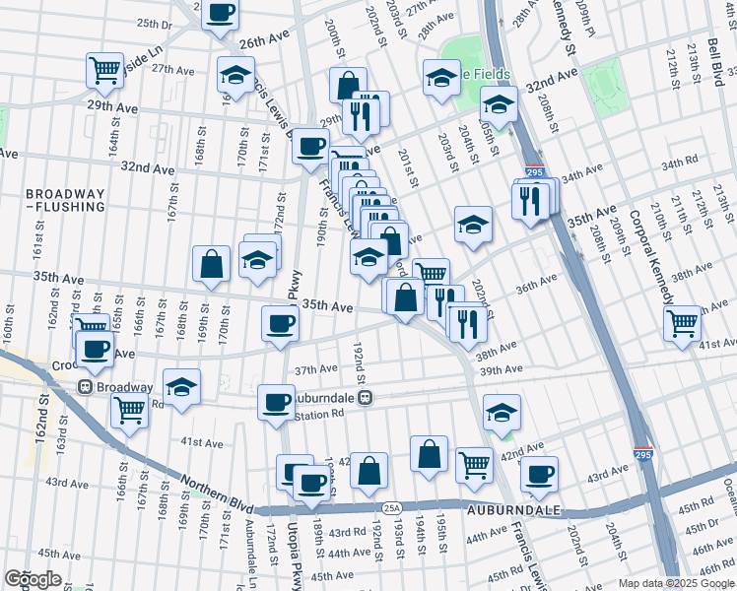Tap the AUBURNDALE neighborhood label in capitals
[x=527, y=509]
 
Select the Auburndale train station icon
[x=365, y=398]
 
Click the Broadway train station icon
[x=86, y=387]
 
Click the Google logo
[x=33, y=579]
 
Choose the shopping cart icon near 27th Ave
[x=104, y=69]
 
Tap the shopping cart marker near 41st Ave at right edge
[x=682, y=322]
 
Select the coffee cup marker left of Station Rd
[x=276, y=401]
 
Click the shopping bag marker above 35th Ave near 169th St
[x=211, y=263]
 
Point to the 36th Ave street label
[x=536, y=285]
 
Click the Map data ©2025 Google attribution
[x=676, y=583]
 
